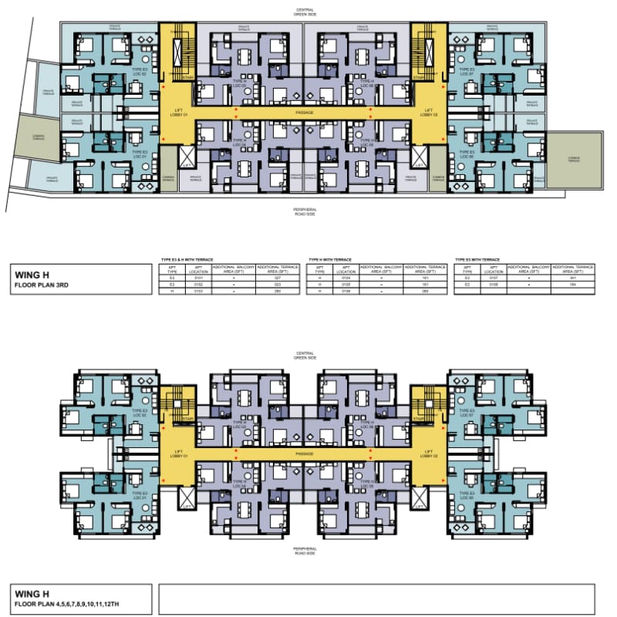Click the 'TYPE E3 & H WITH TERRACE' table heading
click(187, 260)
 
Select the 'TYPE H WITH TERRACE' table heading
click(332, 260)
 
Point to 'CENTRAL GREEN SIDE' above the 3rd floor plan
click(305, 12)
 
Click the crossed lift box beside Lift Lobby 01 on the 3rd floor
click(187, 158)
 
